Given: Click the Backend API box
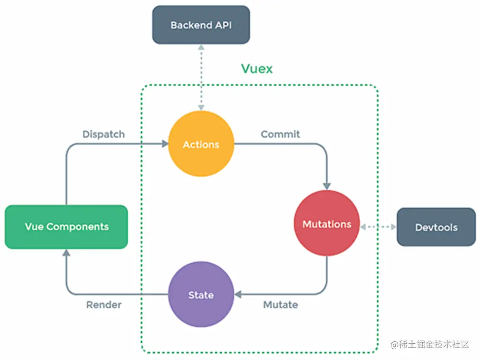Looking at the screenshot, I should (201, 25).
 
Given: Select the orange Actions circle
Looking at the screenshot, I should (201, 144).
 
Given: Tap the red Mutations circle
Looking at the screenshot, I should (327, 224).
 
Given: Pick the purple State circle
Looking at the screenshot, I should (201, 295).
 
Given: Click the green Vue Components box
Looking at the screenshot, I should (67, 227).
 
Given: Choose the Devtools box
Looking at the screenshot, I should (436, 227).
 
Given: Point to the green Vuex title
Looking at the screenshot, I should (256, 69).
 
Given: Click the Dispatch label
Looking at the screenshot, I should (103, 134).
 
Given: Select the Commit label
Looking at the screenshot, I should (280, 134).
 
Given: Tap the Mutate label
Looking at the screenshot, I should (280, 305).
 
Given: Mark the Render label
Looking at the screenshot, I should (103, 305).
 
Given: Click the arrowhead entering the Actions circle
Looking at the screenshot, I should (165, 144).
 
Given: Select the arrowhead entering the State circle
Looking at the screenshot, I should (238, 295).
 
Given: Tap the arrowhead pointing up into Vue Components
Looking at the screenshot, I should (66, 252).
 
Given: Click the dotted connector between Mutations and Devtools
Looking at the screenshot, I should (378, 227).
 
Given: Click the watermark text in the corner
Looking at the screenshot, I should (430, 345).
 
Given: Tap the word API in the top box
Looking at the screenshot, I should (222, 25).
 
